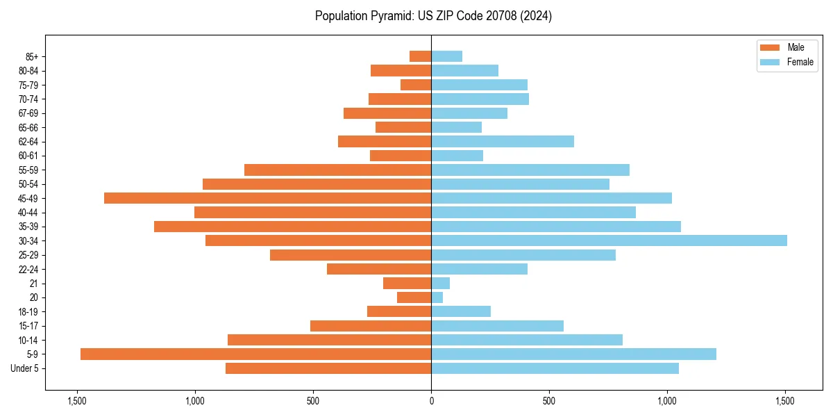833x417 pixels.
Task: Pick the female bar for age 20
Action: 437,297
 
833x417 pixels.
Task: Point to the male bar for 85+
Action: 421,56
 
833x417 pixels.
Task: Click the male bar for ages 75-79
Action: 416,85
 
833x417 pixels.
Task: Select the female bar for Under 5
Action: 555,368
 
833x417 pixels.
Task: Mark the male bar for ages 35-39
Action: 292,227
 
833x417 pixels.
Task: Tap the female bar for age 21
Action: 441,283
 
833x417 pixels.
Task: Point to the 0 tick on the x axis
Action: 431,401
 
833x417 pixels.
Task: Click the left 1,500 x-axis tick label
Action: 76,401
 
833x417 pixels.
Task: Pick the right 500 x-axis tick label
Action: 549,401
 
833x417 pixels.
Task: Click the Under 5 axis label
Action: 25,368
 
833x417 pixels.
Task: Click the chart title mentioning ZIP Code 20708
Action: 433,16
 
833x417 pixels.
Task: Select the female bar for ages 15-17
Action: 497,325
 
